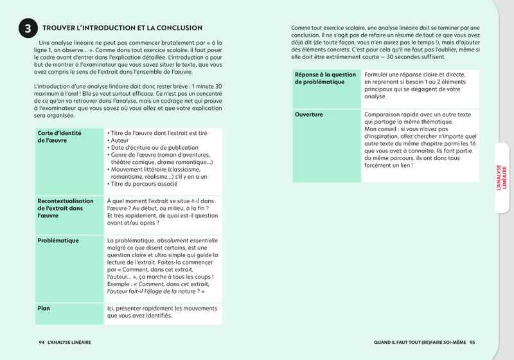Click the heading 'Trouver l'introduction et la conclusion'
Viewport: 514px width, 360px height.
click(x=122, y=28)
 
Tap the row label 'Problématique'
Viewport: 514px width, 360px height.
click(x=58, y=240)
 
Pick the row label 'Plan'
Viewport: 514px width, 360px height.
click(x=44, y=308)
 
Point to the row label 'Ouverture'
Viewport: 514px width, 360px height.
click(x=309, y=114)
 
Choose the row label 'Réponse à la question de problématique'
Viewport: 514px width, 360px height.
click(x=325, y=78)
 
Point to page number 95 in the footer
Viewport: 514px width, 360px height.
click(x=473, y=342)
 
